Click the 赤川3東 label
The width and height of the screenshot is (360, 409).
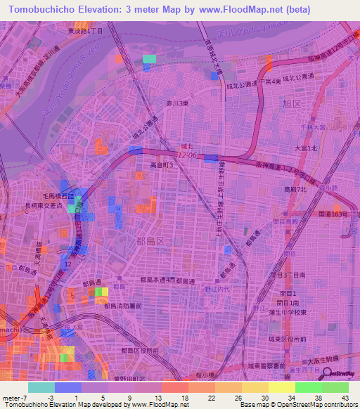(x=176, y=104)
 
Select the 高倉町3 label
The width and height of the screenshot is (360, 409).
(x=162, y=165)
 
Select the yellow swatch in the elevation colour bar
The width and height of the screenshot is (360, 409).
(x=281, y=387)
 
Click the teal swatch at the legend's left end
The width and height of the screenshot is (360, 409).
(x=41, y=387)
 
